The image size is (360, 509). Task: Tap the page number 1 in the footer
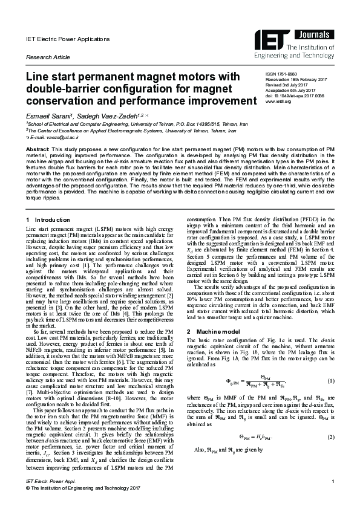click(333, 497)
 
